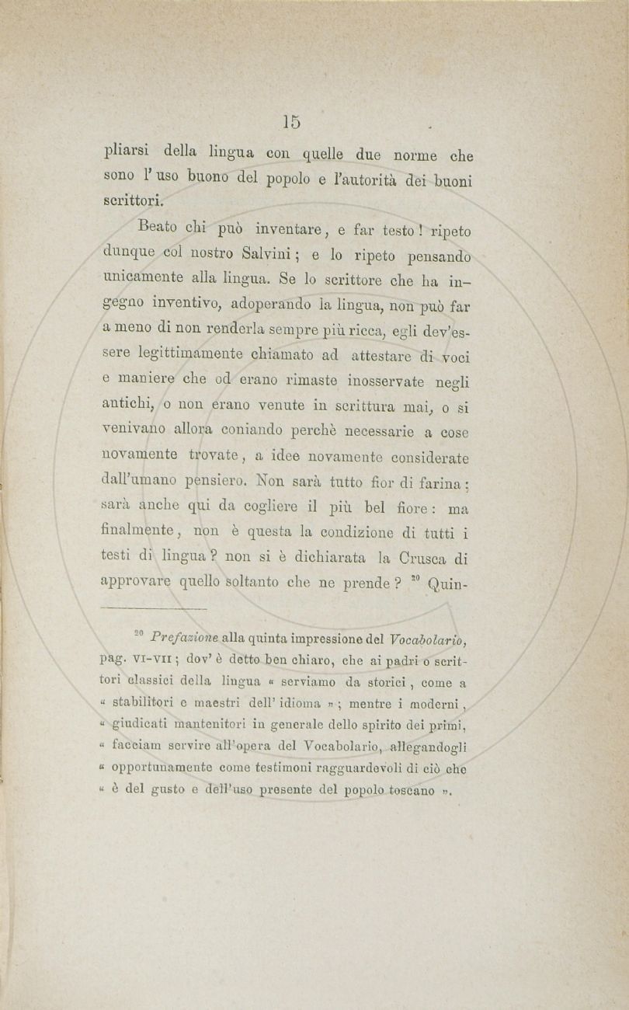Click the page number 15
291,122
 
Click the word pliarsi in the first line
129,151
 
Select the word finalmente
141,534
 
